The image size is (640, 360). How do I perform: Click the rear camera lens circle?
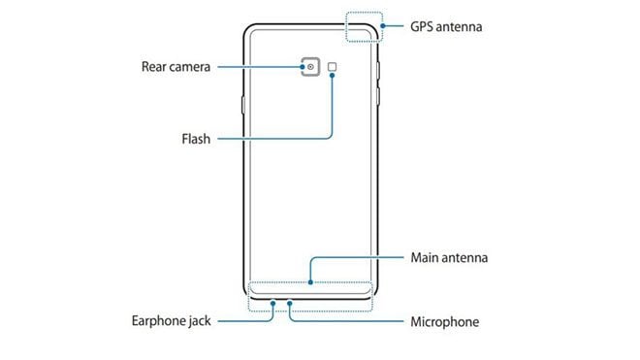(311, 68)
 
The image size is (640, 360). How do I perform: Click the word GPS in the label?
(427, 27)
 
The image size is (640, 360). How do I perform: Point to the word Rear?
(154, 67)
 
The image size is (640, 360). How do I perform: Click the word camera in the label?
(192, 67)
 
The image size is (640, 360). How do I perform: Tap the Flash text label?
(196, 138)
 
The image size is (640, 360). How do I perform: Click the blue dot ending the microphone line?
(290, 301)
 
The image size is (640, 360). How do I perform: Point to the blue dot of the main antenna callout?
(310, 284)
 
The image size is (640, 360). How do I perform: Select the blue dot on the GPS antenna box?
(385, 26)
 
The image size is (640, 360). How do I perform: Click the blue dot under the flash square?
(334, 76)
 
